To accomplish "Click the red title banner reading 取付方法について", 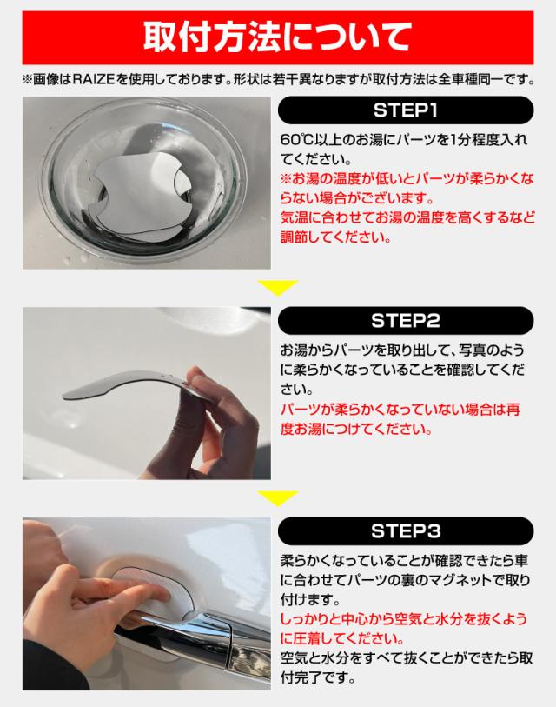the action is point(277,37).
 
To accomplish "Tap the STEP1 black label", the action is point(406,110).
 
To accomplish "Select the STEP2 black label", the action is point(406,321).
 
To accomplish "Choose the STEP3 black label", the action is point(406,531).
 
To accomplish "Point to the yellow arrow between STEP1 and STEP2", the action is point(277,288).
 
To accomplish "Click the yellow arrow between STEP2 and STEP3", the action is point(277,498).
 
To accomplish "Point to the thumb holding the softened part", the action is point(209,384).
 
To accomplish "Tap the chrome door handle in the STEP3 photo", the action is point(198,640).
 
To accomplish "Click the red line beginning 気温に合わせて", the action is point(407,217).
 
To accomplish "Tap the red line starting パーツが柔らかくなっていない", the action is point(400,410).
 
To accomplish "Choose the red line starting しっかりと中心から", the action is point(404,618).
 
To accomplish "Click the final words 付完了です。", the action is point(318,677).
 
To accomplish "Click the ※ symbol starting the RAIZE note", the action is point(27,80).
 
